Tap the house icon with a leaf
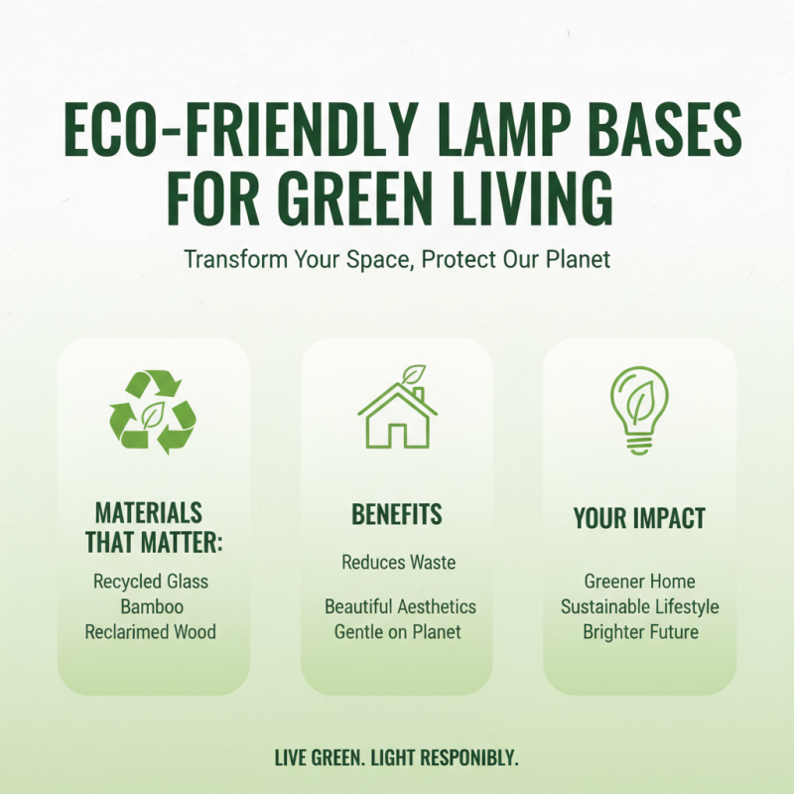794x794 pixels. coord(397,409)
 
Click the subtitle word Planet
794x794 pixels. coord(576,260)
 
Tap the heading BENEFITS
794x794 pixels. coord(397,515)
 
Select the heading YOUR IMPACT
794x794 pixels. coord(639,518)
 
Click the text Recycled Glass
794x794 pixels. coord(151,582)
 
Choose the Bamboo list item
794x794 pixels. coord(151,606)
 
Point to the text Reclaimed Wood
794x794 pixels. coord(151,631)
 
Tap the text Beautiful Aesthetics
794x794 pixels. coord(400,606)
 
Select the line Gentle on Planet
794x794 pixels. coord(397,631)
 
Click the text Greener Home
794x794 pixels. coord(639,582)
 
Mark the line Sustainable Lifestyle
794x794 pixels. coord(639,606)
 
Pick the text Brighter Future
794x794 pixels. coord(640,631)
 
